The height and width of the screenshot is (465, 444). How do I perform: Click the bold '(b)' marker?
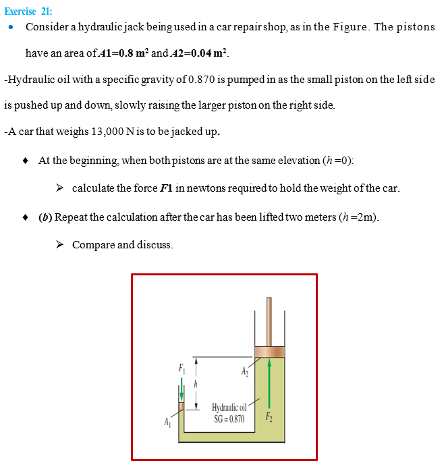[46, 217]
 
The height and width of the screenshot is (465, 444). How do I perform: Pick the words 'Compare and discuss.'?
[122, 244]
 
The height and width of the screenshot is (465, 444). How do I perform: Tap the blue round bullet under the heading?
[11, 28]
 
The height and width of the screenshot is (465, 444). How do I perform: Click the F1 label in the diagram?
[181, 368]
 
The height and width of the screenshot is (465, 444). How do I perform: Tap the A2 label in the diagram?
[244, 371]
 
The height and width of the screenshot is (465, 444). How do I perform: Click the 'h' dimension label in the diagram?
[196, 383]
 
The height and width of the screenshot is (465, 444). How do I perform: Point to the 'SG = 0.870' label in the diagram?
[229, 418]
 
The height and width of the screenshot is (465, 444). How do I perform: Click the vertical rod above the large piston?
[269, 321]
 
